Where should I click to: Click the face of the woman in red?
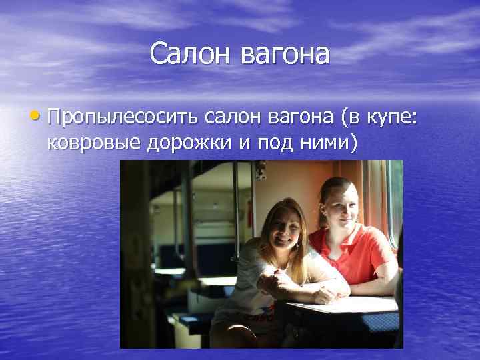click(x=340, y=207)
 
